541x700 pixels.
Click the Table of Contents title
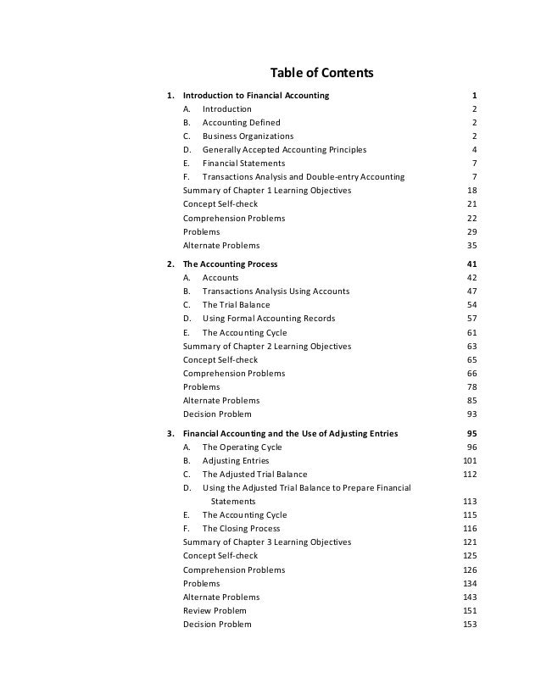coord(321,73)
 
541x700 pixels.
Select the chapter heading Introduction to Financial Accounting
coord(257,96)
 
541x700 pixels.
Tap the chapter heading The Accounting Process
coord(231,264)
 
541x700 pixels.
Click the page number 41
coord(472,264)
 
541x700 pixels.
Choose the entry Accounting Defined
coord(241,123)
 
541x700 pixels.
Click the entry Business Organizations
coord(248,136)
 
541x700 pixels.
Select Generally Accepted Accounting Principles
coord(284,150)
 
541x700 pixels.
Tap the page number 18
coord(472,191)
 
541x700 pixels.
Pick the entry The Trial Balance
coord(236,305)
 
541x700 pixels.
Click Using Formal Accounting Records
coord(268,319)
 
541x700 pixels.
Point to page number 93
coord(472,414)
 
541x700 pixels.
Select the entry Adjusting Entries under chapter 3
coord(236,461)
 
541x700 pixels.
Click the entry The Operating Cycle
coord(242,447)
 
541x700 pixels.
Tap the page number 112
coord(470,475)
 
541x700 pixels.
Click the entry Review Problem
coord(215,611)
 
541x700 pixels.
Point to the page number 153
coord(470,625)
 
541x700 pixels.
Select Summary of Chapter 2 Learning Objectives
coord(267,346)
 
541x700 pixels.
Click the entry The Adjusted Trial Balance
coord(254,475)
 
